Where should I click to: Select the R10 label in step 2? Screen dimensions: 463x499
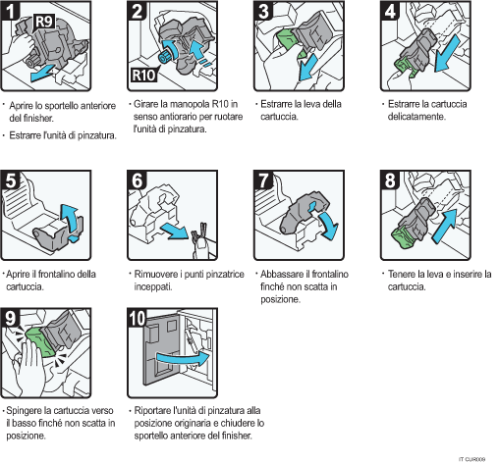[x=142, y=73]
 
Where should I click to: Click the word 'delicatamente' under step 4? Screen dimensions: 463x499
[x=417, y=116]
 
